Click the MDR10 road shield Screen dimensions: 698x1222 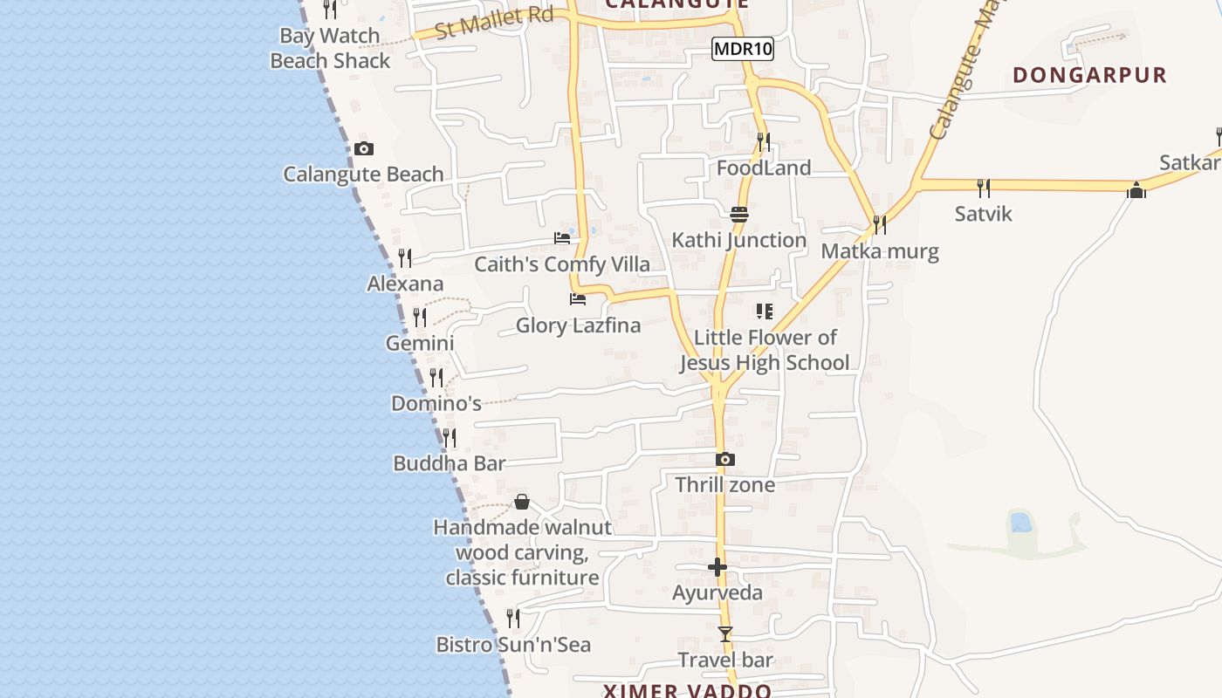[x=743, y=49]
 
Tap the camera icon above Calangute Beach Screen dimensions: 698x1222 [x=364, y=149]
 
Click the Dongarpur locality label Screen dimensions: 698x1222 [x=1089, y=75]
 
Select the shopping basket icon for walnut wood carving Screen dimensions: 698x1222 [x=521, y=502]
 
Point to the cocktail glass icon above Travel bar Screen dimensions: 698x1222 [x=724, y=634]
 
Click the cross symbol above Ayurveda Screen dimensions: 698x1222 [x=717, y=568]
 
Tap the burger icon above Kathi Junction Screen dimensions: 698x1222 [x=739, y=214]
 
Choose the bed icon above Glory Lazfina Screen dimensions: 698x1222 [x=577, y=299]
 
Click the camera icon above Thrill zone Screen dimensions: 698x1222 [x=724, y=460]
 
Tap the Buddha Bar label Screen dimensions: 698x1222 [x=449, y=463]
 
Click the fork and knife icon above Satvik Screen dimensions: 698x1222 [x=983, y=188]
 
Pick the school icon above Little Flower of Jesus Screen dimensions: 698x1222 [x=765, y=311]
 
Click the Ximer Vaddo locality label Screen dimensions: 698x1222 [x=688, y=691]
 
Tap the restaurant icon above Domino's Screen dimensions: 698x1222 [x=436, y=378]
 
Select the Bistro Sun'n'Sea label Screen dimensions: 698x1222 [x=513, y=645]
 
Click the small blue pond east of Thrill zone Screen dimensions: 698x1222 [x=1019, y=523]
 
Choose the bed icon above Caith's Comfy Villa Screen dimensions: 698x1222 [x=562, y=238]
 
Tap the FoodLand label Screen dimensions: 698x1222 [x=764, y=168]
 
